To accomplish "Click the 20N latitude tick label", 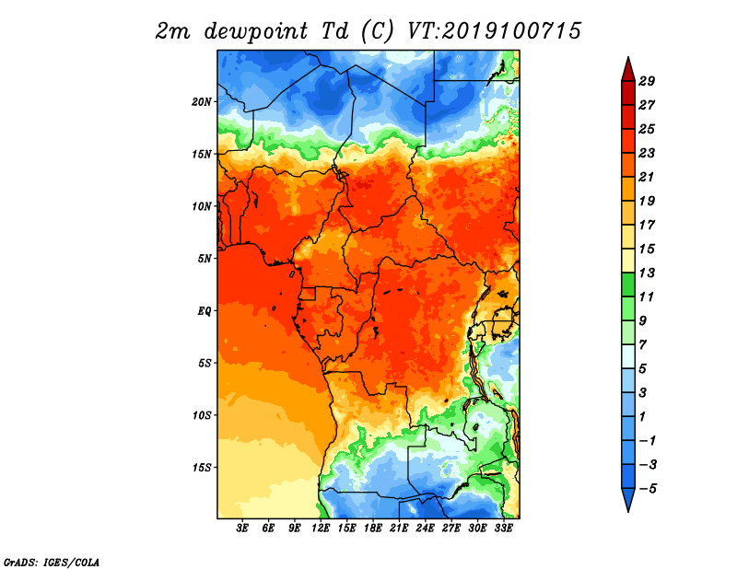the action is coord(201,102).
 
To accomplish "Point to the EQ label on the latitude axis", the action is coord(204,311).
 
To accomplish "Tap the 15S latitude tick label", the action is coord(201,468).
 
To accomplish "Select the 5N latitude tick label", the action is coord(204,259).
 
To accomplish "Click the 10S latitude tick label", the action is coord(201,416).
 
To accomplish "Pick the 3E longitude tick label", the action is coord(242,528).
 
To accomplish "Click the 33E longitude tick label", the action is coord(503,528).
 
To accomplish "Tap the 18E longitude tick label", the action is coord(373,528).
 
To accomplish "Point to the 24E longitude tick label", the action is coord(425,528).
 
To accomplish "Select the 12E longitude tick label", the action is coord(321,528).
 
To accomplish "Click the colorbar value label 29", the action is coord(647,81).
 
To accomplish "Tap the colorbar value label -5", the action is coord(648,489).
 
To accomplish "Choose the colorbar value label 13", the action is coord(647,273).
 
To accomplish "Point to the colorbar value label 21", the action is coord(647,177).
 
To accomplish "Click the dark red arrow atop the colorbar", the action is coord(628,71).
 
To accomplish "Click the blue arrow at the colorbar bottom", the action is coord(628,498).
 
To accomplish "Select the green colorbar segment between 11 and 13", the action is coord(628,284).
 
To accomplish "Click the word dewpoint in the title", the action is coord(256,31).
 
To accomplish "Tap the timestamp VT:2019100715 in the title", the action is coord(494,31).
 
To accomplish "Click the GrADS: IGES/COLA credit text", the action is coord(52,563).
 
